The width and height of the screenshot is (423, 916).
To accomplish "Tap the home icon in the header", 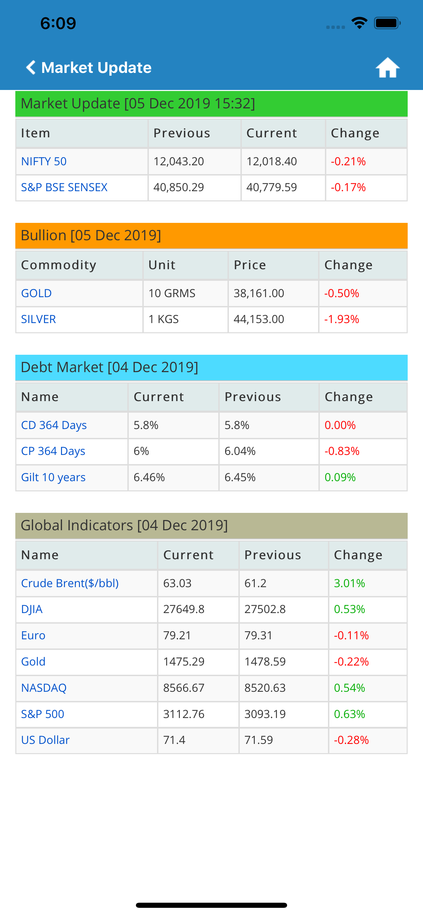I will pyautogui.click(x=388, y=67).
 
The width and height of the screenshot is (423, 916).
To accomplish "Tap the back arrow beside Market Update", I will pyautogui.click(x=31, y=67).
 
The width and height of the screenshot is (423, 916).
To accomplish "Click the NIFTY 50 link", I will pyautogui.click(x=44, y=162).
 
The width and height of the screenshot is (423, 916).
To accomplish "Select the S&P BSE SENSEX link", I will pyautogui.click(x=64, y=187).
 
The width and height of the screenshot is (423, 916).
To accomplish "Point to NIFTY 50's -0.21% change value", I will pyautogui.click(x=348, y=162).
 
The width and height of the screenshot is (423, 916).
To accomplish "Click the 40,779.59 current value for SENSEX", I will pyautogui.click(x=271, y=187).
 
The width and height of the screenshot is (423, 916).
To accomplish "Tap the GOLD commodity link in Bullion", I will pyautogui.click(x=36, y=293).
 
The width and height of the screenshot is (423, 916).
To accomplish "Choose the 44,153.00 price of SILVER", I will pyautogui.click(x=259, y=319).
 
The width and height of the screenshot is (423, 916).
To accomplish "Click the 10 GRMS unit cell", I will pyautogui.click(x=172, y=293).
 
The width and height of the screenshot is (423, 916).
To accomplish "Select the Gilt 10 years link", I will pyautogui.click(x=53, y=477).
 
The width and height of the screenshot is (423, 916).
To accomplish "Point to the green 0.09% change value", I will pyautogui.click(x=340, y=477).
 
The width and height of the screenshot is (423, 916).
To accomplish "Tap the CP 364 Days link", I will pyautogui.click(x=53, y=451).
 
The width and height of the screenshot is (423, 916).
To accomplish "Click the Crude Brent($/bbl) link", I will pyautogui.click(x=70, y=583).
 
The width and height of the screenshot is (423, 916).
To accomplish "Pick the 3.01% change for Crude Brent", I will pyautogui.click(x=349, y=583).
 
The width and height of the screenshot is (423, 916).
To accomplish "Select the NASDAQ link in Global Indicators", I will pyautogui.click(x=44, y=688).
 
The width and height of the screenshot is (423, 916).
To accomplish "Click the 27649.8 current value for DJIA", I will pyautogui.click(x=184, y=609).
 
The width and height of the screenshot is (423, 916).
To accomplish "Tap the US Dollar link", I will pyautogui.click(x=45, y=740).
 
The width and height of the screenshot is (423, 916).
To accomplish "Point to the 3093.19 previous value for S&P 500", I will pyautogui.click(x=265, y=714).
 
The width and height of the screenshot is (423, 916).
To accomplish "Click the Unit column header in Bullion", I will pyautogui.click(x=162, y=265).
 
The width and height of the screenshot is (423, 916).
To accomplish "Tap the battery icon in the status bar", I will pyautogui.click(x=387, y=24).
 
